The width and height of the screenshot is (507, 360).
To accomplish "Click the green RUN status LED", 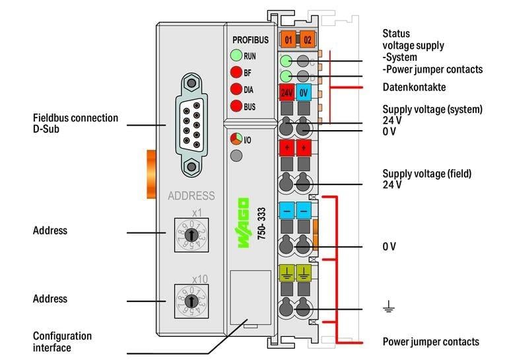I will coord(235,56).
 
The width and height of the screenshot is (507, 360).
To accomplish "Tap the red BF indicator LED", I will coord(235,73).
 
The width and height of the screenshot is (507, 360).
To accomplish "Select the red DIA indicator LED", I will coord(235,89).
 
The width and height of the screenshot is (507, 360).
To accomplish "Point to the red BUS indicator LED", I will coord(235,106).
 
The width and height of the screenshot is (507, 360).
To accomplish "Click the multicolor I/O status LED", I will coord(235,139).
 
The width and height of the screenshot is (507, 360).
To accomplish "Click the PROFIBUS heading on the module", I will coord(250,40).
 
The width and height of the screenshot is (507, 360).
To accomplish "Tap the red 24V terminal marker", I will coord(287,92).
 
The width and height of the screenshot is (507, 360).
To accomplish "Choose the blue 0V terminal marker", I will coord(304,92).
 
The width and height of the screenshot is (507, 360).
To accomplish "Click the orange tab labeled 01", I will coord(288,40).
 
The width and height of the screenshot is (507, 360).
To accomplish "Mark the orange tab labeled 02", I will coord(307,40).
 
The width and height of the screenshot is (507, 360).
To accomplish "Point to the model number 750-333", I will coord(261,223).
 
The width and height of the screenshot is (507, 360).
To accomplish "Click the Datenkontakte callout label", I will coord(414,87).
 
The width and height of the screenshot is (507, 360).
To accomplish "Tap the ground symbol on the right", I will coord(389,306).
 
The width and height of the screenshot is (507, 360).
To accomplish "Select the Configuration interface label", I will coord(62,342).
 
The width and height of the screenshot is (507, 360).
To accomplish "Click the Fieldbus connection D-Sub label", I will coord(75,123).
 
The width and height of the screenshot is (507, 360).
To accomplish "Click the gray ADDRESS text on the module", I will coord(191,196).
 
